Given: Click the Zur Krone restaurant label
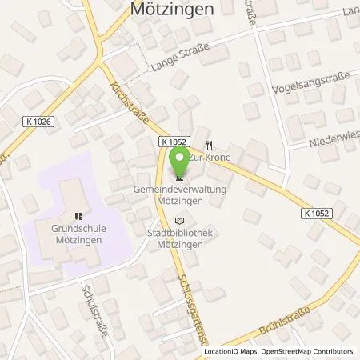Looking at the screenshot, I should (210, 158).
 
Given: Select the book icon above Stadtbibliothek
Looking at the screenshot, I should (178, 220).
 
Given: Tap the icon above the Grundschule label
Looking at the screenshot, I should (78, 215).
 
